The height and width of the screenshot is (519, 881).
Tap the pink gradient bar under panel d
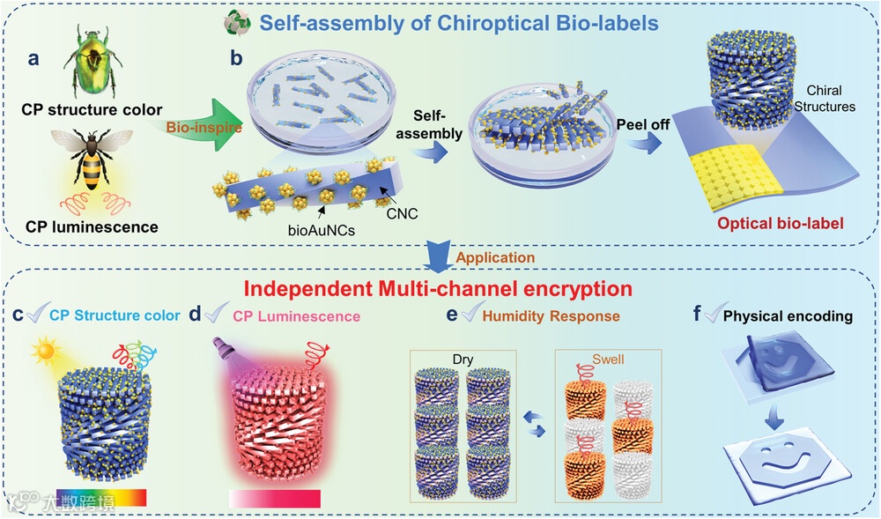tap(276, 498)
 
